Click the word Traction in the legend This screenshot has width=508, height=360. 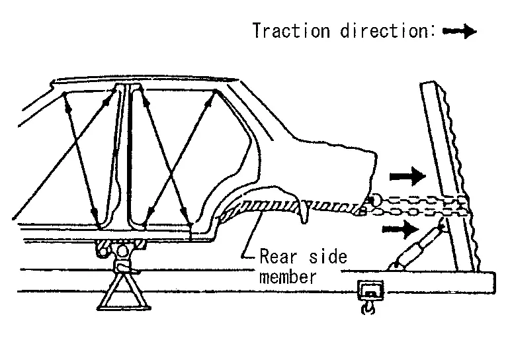(x=292, y=31)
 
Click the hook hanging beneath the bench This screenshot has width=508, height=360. (x=368, y=308)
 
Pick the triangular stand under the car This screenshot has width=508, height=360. (x=122, y=291)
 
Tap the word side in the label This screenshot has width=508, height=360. (x=328, y=256)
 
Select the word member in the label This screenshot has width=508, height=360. (x=287, y=277)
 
